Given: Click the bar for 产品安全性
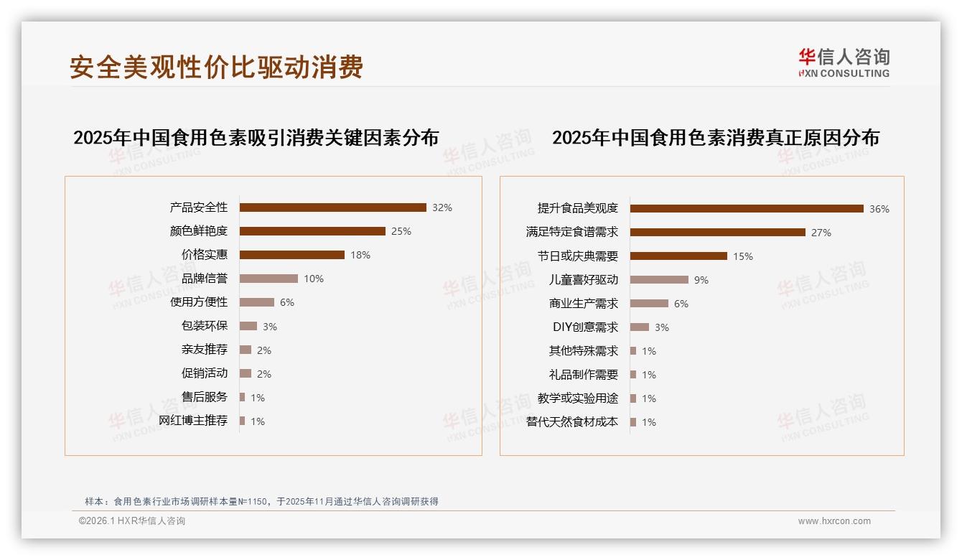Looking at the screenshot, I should (x=332, y=207).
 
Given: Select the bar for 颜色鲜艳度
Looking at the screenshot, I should (x=312, y=231).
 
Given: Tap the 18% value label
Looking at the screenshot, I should (x=360, y=255).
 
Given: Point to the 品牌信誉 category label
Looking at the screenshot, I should (x=205, y=279).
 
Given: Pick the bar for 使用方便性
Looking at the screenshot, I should (x=256, y=302).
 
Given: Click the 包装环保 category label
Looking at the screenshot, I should (x=205, y=326).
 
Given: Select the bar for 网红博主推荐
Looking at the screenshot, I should (x=242, y=421).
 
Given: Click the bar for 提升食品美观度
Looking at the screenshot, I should (x=747, y=209).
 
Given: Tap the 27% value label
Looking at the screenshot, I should (x=821, y=233).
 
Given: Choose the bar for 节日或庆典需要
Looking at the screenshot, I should (x=678, y=256).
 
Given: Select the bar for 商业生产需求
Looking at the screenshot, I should (x=649, y=304).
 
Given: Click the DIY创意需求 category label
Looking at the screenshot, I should (x=585, y=327).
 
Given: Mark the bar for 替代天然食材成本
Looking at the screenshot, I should (x=633, y=422).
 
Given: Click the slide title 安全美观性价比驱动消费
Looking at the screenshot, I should (x=216, y=67).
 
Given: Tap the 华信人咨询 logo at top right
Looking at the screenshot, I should (x=844, y=62).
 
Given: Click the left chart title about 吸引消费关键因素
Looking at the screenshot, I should (x=256, y=137).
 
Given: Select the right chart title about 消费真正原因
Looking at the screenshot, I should (x=715, y=137).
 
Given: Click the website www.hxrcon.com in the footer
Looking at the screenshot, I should (x=834, y=521).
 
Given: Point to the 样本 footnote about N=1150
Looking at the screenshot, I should (x=261, y=502).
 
